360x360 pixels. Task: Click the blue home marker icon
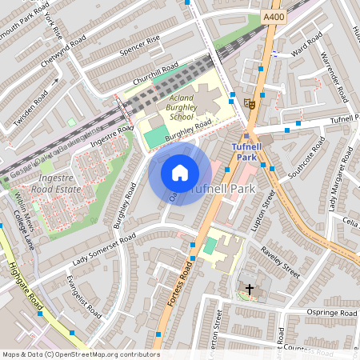point(180,173)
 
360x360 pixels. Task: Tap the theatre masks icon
point(251,103)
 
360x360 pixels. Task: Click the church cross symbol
point(249,289)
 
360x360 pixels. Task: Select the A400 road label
point(274,15)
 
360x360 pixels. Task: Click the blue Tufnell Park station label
point(253,152)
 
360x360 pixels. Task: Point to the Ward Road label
point(306,50)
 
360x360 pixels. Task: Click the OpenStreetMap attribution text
point(80,354)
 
